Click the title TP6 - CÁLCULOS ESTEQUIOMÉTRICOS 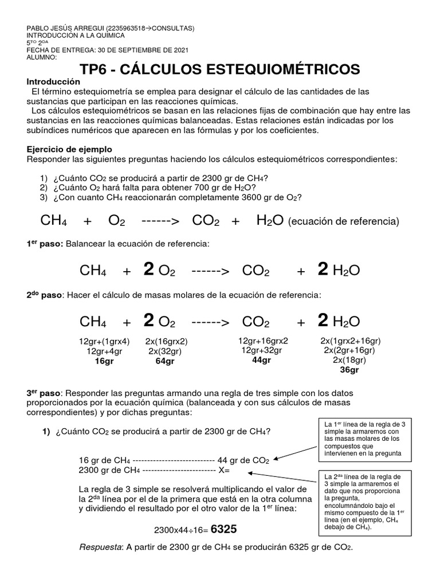[x=220, y=70]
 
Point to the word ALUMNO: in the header [x=42, y=57]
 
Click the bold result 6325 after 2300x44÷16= [x=224, y=529]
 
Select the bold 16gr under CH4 [x=104, y=361]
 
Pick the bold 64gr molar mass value [x=165, y=361]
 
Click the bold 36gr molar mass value [x=349, y=370]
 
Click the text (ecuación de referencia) [x=344, y=221]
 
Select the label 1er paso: [x=45, y=244]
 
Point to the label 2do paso [x=45, y=295]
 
